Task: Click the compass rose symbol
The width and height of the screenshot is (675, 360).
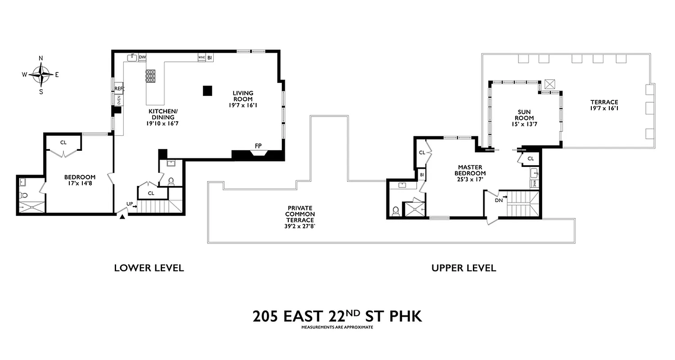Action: (x=41, y=75)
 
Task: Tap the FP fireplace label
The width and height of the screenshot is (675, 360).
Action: (x=258, y=146)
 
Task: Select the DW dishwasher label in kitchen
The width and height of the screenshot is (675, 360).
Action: (x=142, y=57)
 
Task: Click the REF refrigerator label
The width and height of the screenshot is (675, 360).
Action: (x=119, y=89)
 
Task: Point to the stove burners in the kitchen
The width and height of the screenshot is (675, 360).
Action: (x=150, y=76)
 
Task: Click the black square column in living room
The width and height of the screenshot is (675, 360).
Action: (x=207, y=90)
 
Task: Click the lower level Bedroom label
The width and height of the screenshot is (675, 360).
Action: (x=80, y=180)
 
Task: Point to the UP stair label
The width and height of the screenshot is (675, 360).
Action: (x=130, y=204)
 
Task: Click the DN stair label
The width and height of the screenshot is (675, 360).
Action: (x=499, y=200)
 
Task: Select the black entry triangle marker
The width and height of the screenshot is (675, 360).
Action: (x=122, y=217)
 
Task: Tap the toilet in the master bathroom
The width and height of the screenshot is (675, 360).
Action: (x=396, y=211)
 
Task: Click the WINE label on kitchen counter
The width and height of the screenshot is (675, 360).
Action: (x=202, y=58)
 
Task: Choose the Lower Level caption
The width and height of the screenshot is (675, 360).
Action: (x=148, y=268)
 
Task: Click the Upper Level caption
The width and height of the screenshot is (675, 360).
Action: (x=463, y=268)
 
